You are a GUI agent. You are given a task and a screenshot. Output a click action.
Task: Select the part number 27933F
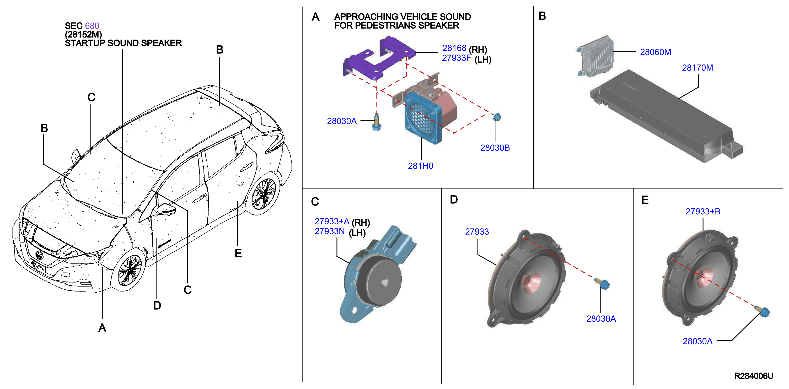tap(456, 58)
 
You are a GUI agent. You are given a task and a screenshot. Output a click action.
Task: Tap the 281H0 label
tap(420, 166)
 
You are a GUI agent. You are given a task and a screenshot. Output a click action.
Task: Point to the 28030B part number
tap(495, 148)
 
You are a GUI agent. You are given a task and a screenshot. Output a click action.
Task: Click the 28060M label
tap(656, 52)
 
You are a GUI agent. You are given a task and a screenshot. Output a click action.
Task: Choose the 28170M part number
tap(697, 68)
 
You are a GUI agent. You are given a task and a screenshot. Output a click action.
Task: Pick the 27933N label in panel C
tap(330, 231)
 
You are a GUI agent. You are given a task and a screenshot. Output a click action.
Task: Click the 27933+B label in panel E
tap(703, 212)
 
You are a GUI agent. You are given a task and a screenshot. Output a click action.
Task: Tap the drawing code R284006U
tap(754, 376)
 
